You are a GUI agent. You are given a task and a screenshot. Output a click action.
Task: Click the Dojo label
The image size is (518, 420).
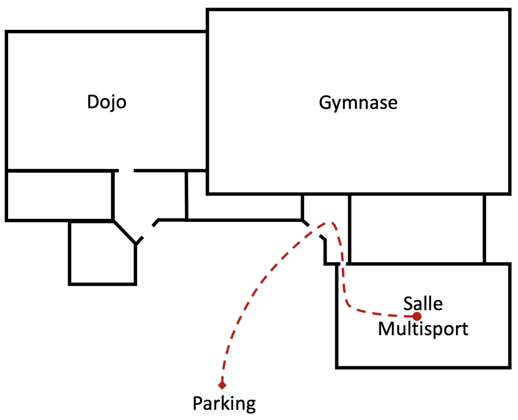(107, 102)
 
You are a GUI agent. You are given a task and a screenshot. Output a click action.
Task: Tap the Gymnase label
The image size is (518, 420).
(358, 103)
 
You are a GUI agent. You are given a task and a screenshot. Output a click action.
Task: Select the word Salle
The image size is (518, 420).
(423, 304)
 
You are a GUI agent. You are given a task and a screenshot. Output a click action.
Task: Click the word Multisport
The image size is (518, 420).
(423, 329)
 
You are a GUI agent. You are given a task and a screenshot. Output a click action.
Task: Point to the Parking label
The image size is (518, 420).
(224, 403)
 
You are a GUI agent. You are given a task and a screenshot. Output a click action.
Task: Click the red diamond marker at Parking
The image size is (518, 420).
(222, 385)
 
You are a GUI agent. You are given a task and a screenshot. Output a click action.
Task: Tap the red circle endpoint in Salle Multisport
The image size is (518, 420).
(417, 316)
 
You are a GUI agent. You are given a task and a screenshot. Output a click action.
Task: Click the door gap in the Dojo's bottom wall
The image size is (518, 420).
(126, 171)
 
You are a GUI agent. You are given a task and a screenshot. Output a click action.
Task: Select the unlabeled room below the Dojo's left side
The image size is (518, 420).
(60, 196)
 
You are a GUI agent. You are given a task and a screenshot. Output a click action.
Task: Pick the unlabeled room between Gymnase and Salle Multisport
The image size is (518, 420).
(417, 229)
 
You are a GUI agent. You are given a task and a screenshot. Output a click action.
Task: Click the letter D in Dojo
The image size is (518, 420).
(93, 102)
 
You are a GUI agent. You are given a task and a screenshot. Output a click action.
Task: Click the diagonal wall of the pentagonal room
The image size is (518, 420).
(124, 232)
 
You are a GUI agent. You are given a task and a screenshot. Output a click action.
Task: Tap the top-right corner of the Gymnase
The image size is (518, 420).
(510, 10)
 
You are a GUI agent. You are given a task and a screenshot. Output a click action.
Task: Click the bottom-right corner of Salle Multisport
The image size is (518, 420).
(510, 367)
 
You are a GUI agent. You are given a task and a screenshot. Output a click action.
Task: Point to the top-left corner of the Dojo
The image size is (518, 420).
(7, 32)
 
